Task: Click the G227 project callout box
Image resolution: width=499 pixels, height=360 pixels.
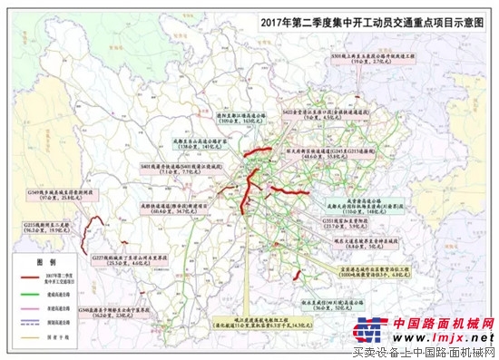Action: point(126,260)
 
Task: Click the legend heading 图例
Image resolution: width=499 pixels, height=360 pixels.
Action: point(33,258)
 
